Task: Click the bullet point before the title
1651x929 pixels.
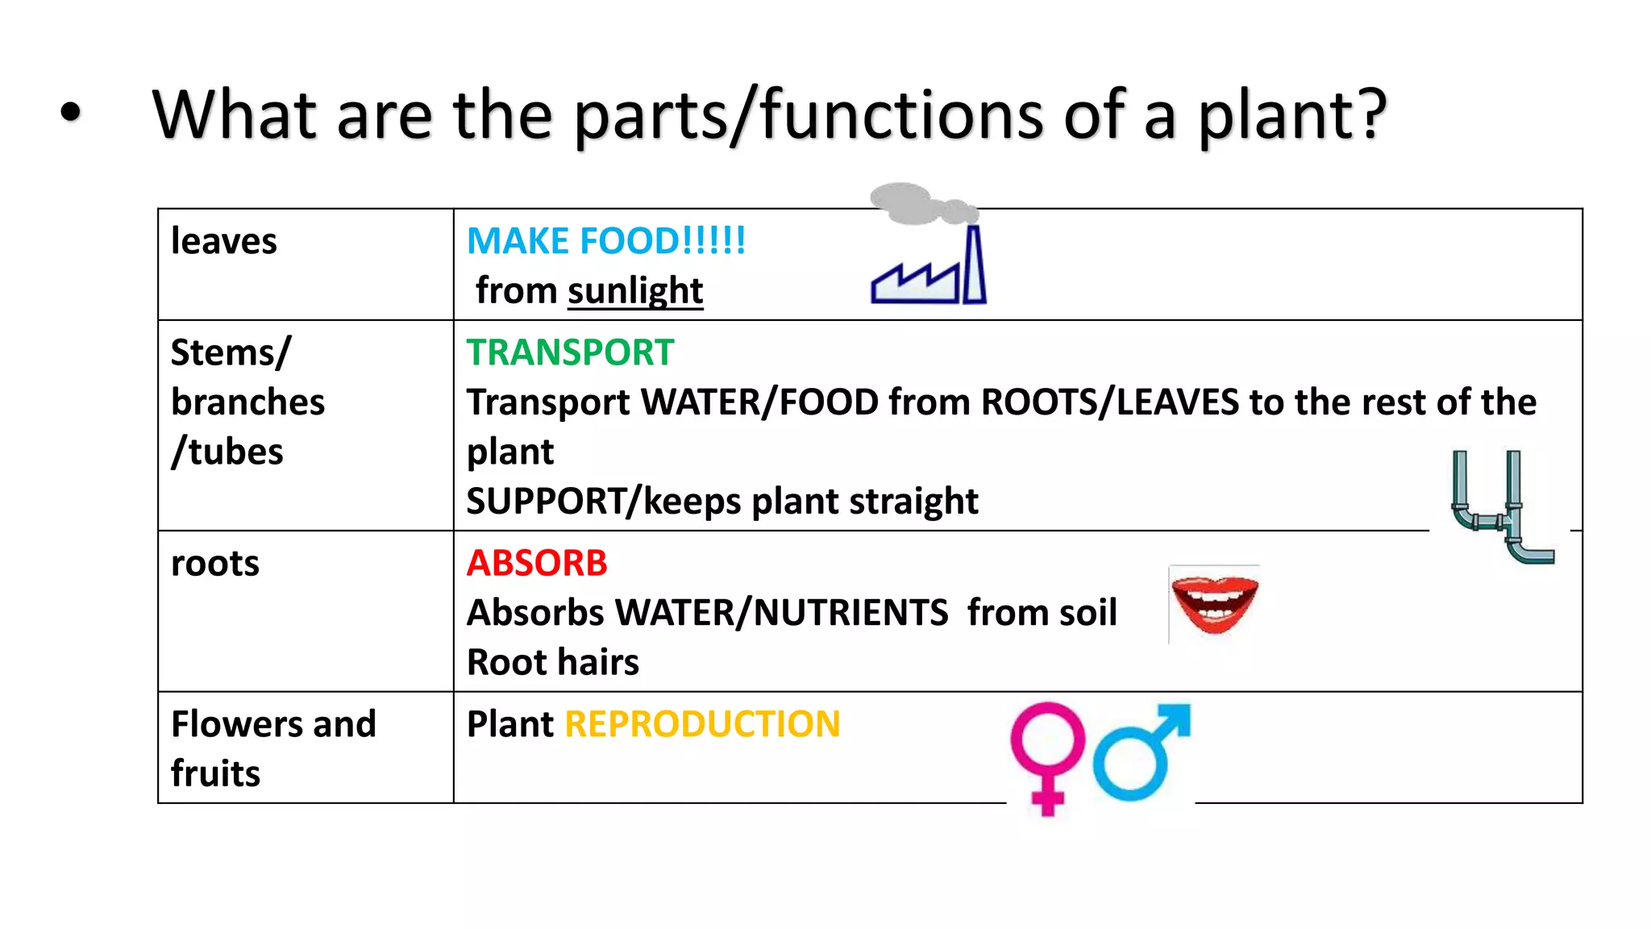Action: (x=71, y=113)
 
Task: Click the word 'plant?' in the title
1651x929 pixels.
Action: (x=1291, y=116)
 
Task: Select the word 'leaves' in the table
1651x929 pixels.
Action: (x=224, y=241)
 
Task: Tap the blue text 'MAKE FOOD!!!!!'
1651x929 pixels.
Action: (x=606, y=241)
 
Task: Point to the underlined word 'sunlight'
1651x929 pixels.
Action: (x=635, y=290)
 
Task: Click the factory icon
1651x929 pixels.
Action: (x=929, y=270)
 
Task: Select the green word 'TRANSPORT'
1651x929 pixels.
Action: (x=570, y=352)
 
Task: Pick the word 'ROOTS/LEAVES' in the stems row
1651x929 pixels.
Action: (x=1109, y=402)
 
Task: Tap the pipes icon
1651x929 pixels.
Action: (x=1501, y=506)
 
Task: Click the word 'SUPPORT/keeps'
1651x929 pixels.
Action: (x=604, y=501)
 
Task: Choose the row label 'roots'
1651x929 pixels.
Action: (x=215, y=563)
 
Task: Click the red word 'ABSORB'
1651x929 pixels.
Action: (x=537, y=563)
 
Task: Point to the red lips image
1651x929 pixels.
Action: (x=1214, y=604)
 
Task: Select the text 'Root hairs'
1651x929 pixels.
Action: (x=553, y=662)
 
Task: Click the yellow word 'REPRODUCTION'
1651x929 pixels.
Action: (x=702, y=724)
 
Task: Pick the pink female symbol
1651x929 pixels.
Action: (x=1047, y=755)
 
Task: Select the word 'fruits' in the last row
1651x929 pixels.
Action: (x=215, y=773)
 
